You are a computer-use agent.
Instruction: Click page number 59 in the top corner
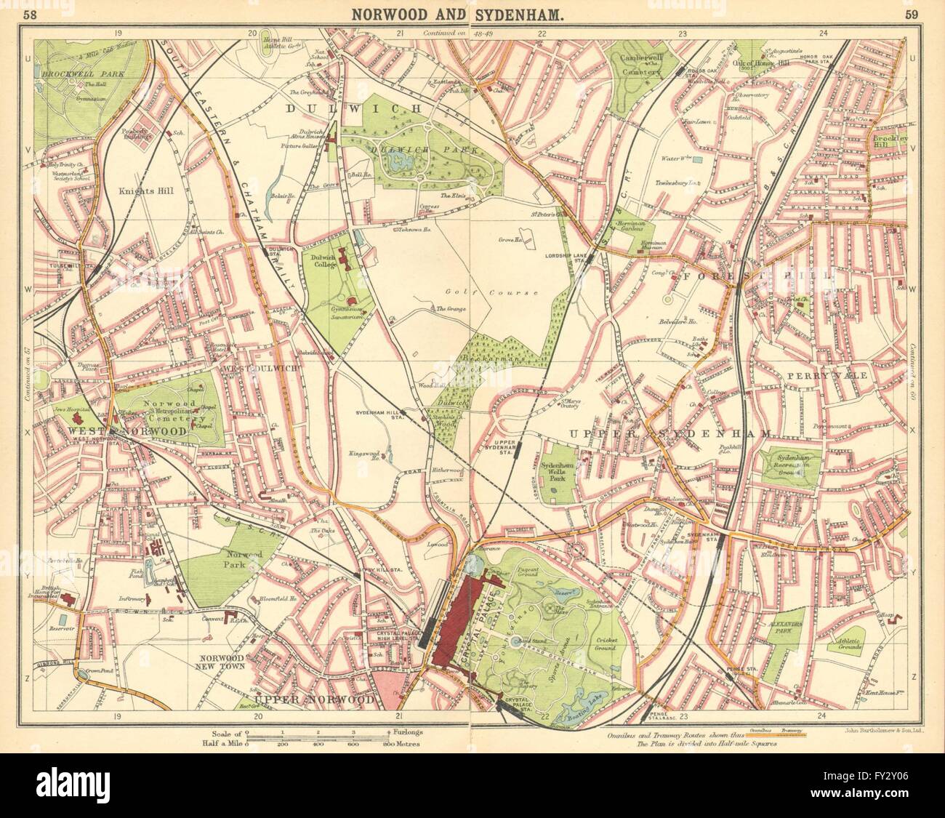[910, 13]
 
